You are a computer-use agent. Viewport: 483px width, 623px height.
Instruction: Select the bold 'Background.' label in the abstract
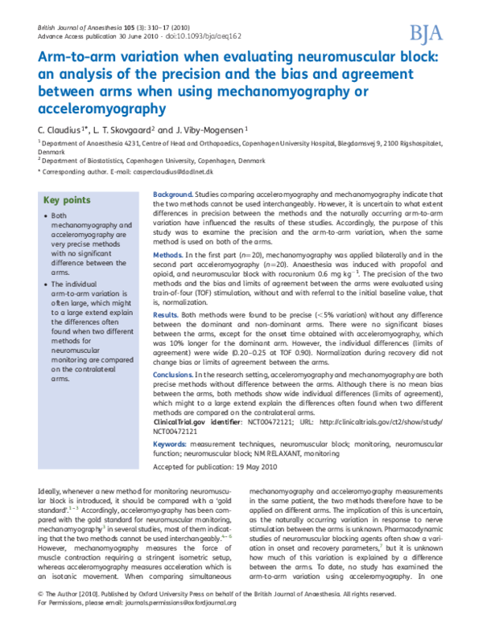click(x=172, y=195)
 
